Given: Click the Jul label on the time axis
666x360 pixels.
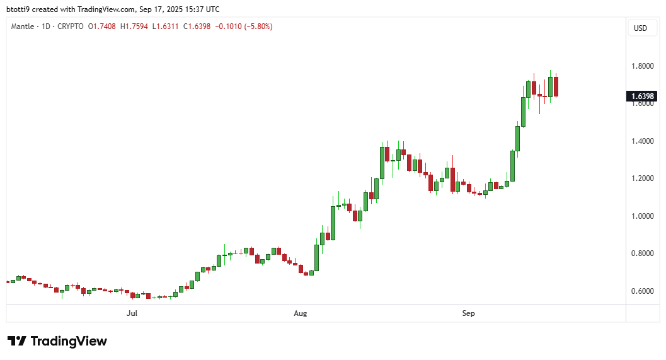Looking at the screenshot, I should [132, 313].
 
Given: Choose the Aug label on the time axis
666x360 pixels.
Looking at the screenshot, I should [301, 313].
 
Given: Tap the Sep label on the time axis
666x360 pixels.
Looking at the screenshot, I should [468, 313].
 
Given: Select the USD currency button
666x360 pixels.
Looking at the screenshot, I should [640, 28].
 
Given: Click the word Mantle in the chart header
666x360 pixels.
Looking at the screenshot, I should [22, 26].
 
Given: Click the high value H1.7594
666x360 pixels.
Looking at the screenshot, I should [133, 26].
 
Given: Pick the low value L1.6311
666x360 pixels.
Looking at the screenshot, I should [163, 26].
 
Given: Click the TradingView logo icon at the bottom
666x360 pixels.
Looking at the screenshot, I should [17, 341].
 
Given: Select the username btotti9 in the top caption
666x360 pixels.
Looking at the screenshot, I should [21, 9].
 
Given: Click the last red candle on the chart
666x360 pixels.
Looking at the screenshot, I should [556, 86].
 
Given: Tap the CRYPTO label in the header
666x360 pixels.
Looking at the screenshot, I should [69, 26].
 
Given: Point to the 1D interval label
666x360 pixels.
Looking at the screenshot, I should [45, 26].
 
